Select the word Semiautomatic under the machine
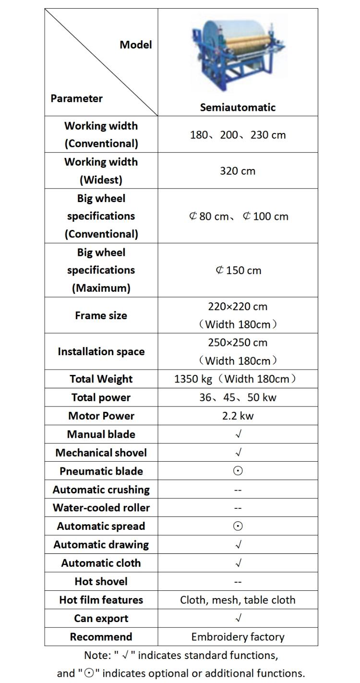click(x=238, y=108)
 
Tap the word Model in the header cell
click(x=136, y=45)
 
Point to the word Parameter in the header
click(x=77, y=98)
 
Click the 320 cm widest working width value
click(x=238, y=171)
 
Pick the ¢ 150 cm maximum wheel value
click(x=238, y=270)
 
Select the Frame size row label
click(x=101, y=315)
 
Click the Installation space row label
click(x=101, y=351)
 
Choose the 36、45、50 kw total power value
click(x=238, y=397)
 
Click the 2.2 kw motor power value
click(x=238, y=416)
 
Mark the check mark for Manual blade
click(x=238, y=434)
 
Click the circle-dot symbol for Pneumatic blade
click(x=238, y=471)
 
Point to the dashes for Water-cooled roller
click(x=238, y=508)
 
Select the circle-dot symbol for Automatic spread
click(x=238, y=526)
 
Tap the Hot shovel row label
click(x=101, y=581)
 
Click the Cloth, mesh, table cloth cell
click(x=238, y=599)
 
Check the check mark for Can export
click(x=238, y=618)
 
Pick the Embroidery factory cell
click(x=238, y=637)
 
